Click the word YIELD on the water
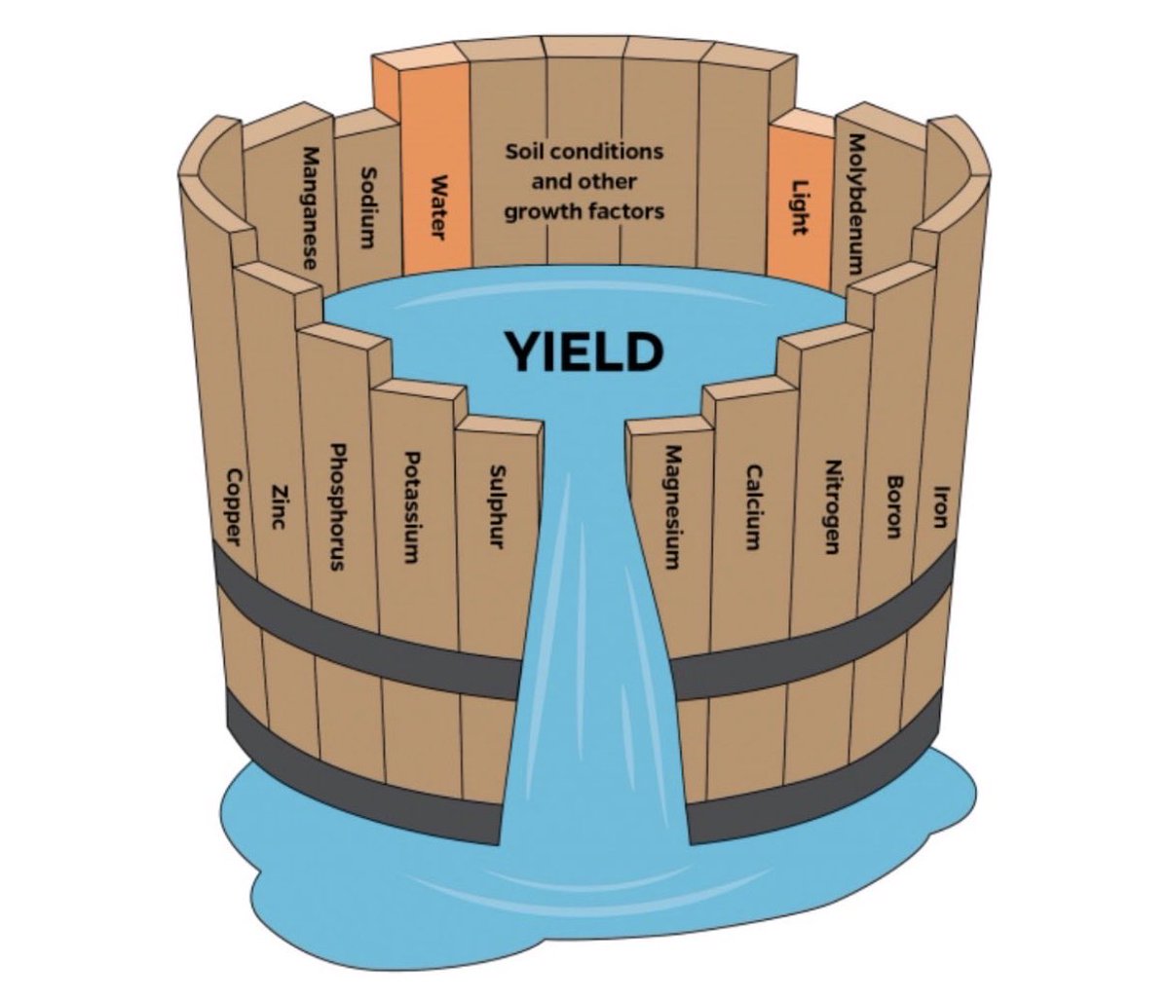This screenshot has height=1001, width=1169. coord(582,352)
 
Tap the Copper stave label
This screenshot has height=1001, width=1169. coord(235,506)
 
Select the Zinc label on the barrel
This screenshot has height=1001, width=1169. coord(280,506)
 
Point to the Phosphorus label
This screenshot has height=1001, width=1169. coord(337,506)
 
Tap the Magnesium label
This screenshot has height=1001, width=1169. coord(671,506)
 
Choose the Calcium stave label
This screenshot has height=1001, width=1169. coord(753,506)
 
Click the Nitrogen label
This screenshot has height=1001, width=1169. coord(831,506)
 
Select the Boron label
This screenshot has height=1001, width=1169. coord(893,506)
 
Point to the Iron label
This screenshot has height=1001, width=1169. coord(939,506)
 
